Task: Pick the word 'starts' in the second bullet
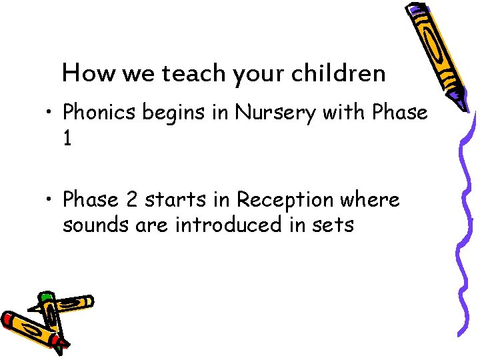point(174,199)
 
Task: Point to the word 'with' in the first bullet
point(344,113)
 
